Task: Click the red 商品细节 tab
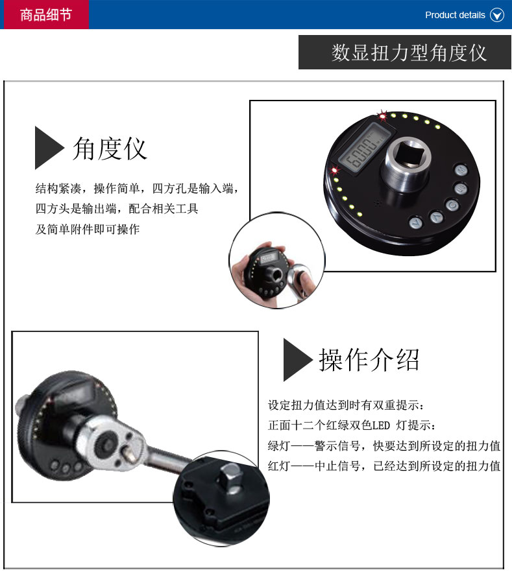pyautogui.click(x=45, y=14)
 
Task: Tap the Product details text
pyautogui.click(x=455, y=15)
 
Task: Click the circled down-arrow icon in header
pyautogui.click(x=497, y=15)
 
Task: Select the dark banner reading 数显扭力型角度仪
pyautogui.click(x=405, y=53)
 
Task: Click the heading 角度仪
pyautogui.click(x=110, y=148)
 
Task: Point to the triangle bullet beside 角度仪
pyautogui.click(x=49, y=148)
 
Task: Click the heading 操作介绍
pyautogui.click(x=369, y=360)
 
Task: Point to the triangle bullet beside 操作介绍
pyautogui.click(x=297, y=360)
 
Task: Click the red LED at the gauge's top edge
pyautogui.click(x=382, y=116)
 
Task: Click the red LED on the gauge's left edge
pyautogui.click(x=334, y=170)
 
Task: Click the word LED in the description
pyautogui.click(x=381, y=425)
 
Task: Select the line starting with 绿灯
pyautogui.click(x=384, y=445)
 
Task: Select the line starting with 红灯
pyautogui.click(x=384, y=466)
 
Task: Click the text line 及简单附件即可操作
pyautogui.click(x=88, y=230)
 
